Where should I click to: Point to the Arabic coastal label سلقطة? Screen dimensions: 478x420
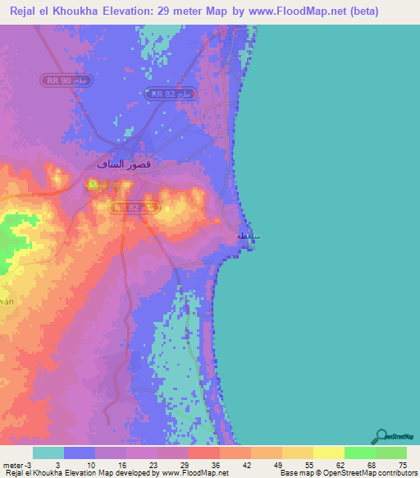(x=249, y=236)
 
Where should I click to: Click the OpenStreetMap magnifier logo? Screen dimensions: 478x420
(x=382, y=436)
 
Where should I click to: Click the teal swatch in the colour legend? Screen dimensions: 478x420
(x=48, y=453)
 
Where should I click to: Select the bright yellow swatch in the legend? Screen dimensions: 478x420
(x=328, y=453)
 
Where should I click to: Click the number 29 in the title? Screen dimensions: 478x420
(x=189, y=11)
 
